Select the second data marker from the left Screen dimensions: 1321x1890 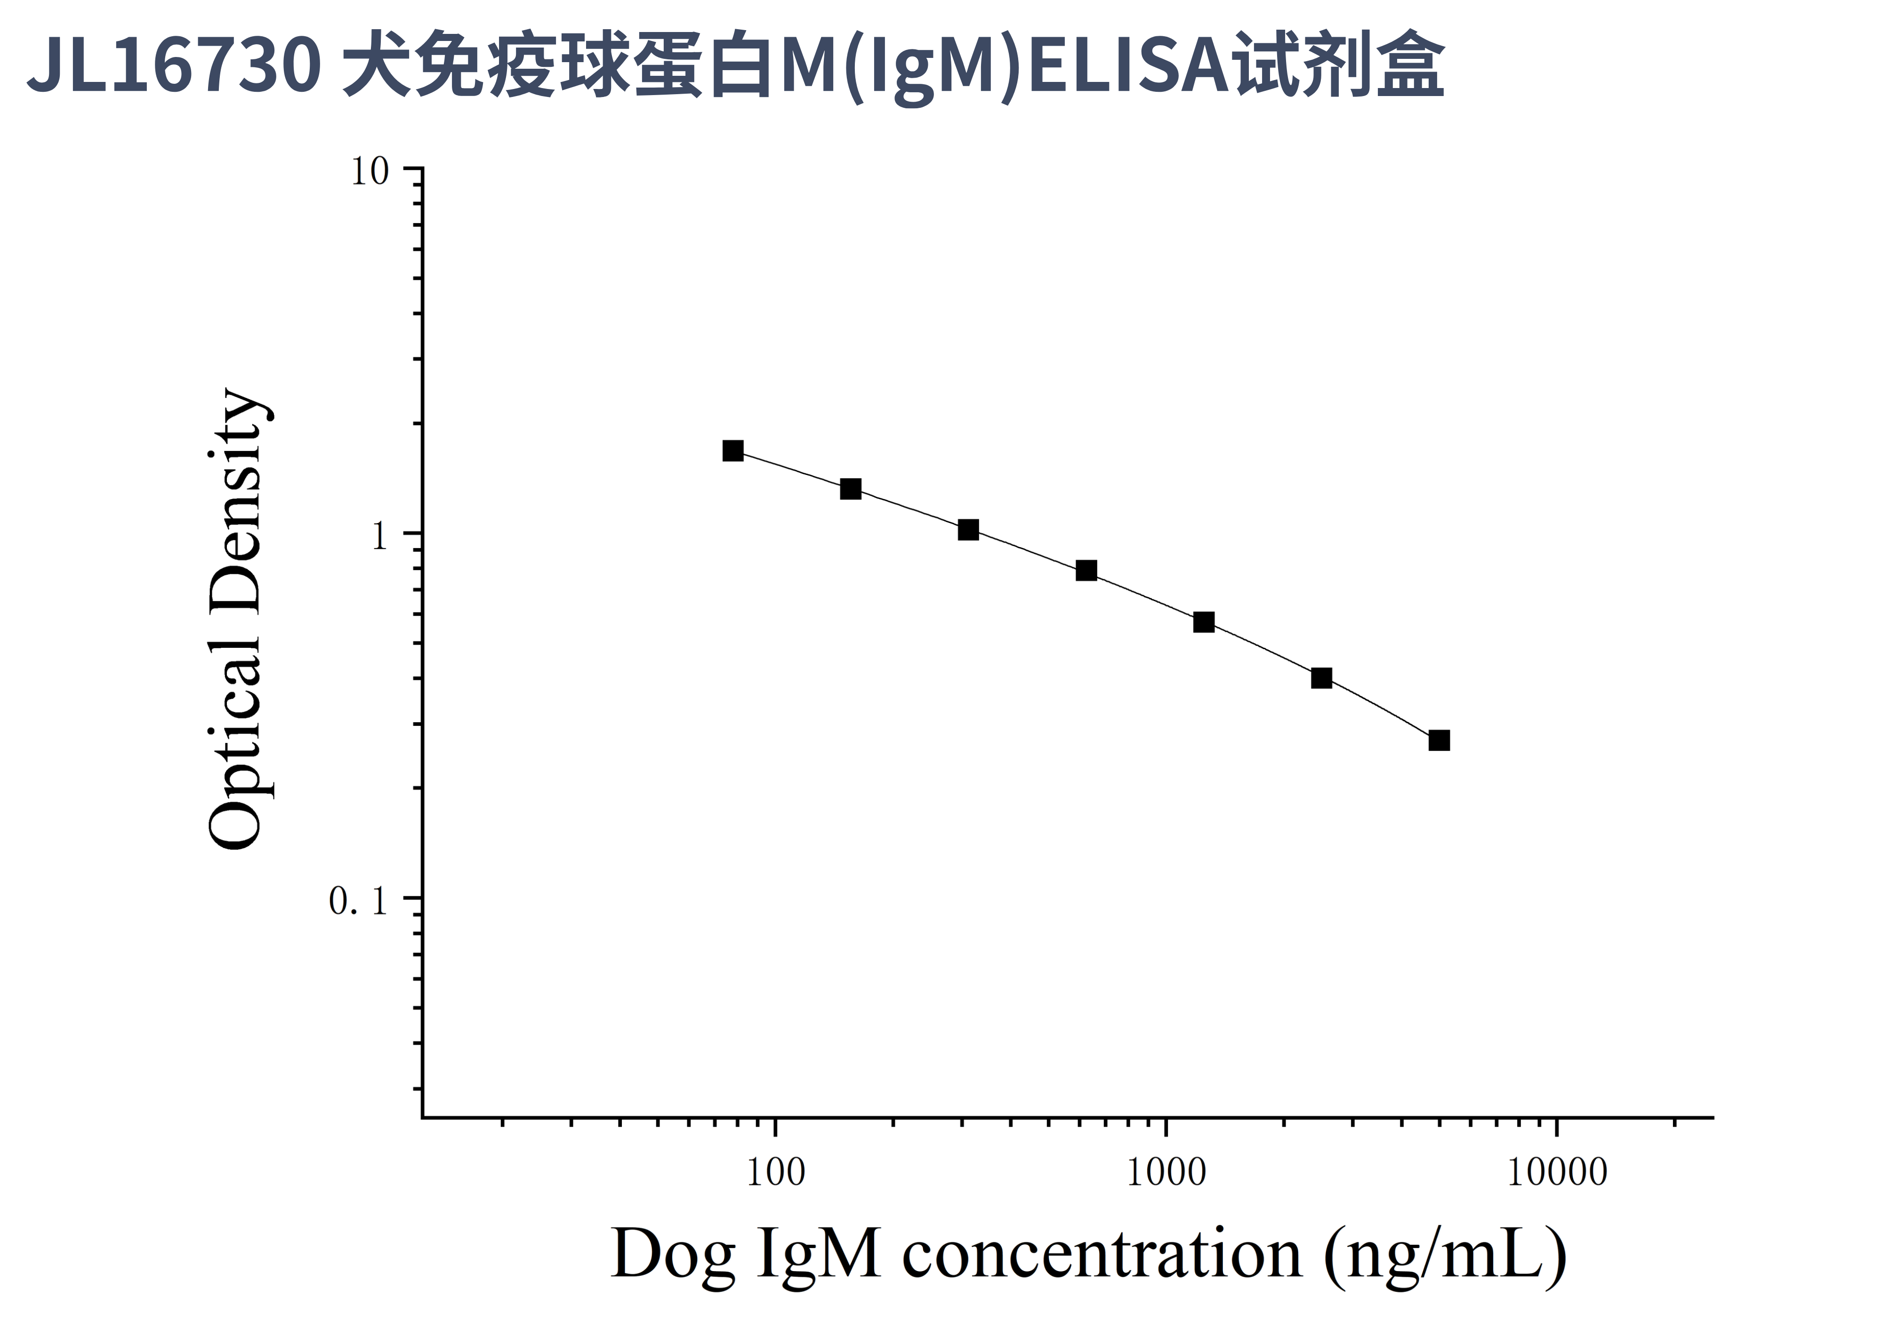[x=850, y=489]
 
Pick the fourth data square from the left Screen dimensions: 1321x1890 [x=1086, y=571]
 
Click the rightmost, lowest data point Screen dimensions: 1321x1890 [x=1439, y=740]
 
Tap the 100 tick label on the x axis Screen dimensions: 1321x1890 [x=775, y=1173]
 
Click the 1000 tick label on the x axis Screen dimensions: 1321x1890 [x=1166, y=1173]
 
